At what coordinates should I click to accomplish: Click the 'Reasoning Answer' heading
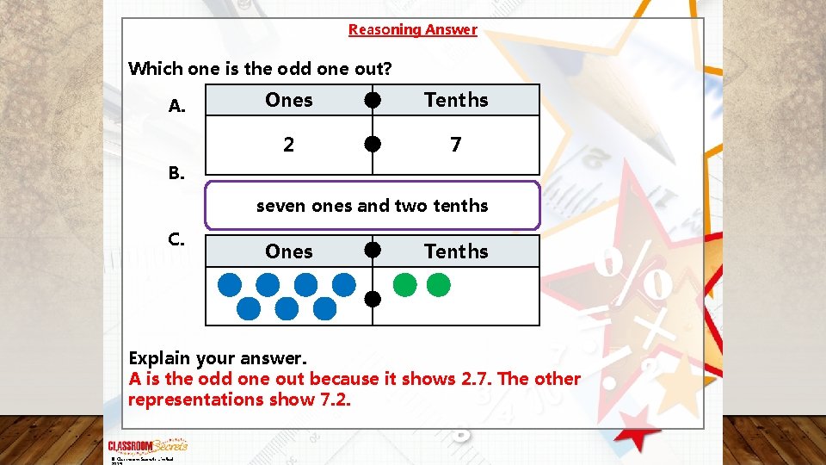[x=412, y=30]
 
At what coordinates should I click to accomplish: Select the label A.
[x=177, y=107]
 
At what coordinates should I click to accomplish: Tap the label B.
[x=176, y=173]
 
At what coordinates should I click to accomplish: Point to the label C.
[x=176, y=239]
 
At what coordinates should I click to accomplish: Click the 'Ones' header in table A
[x=289, y=100]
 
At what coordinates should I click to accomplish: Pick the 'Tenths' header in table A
[x=456, y=100]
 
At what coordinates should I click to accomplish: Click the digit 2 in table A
[x=289, y=145]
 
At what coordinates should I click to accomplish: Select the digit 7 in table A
[x=456, y=145]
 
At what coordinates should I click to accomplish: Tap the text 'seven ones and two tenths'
[x=373, y=206]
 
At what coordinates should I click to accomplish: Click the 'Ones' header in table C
[x=289, y=251]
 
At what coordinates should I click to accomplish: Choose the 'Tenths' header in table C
[x=456, y=251]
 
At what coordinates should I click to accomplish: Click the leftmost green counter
[x=404, y=284]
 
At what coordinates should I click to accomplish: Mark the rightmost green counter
[x=439, y=284]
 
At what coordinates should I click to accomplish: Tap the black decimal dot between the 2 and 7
[x=373, y=145]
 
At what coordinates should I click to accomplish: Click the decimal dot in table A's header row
[x=373, y=100]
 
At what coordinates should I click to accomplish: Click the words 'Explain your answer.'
[x=217, y=357]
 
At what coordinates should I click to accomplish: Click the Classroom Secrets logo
[x=147, y=446]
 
